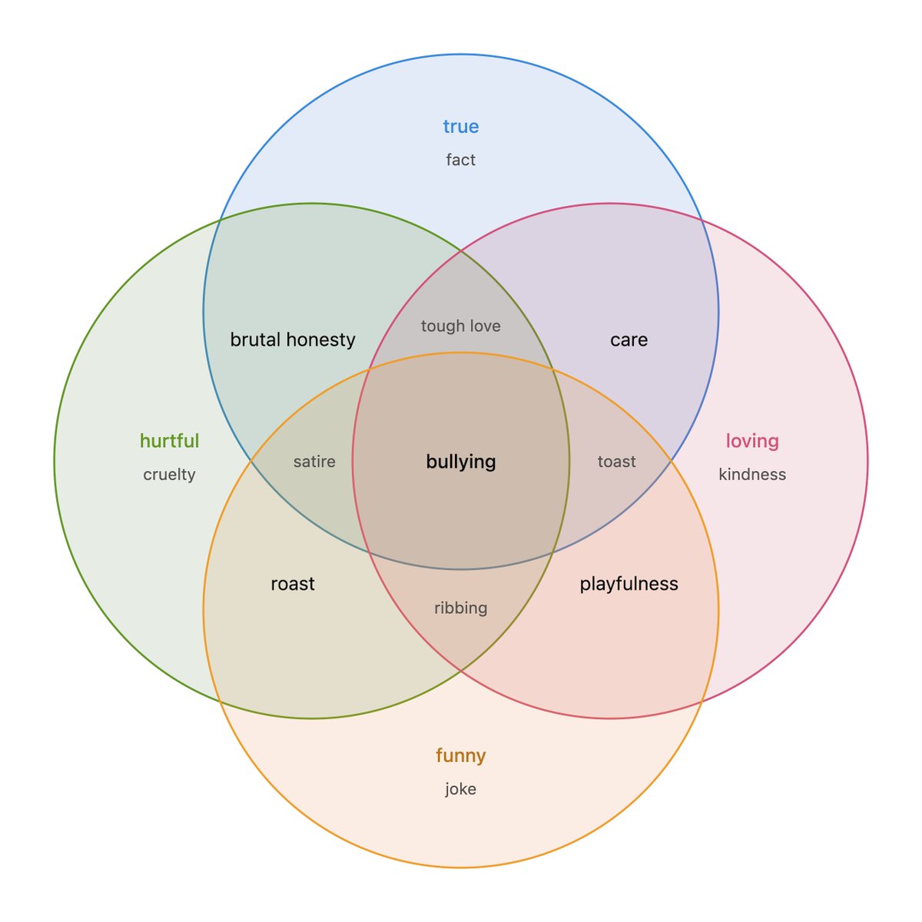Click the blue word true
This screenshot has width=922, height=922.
point(460,126)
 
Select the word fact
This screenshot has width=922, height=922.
point(460,160)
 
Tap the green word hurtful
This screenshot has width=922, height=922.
point(169,441)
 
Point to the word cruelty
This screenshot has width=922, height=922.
point(169,475)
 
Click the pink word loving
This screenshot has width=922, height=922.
point(752,441)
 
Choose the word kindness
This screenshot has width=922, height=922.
point(752,475)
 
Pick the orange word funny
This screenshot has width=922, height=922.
point(460,755)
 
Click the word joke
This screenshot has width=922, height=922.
point(460,789)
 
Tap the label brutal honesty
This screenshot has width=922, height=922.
point(293,340)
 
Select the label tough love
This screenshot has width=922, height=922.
point(461,326)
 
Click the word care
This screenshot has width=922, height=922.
point(628,340)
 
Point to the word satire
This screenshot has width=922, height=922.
point(314,462)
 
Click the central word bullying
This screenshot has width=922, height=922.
point(461,462)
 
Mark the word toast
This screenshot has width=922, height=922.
point(617,462)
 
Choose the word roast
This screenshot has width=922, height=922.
point(293,584)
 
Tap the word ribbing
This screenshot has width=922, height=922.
point(461,608)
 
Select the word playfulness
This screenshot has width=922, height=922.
point(628,584)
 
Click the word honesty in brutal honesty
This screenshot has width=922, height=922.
point(321,340)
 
